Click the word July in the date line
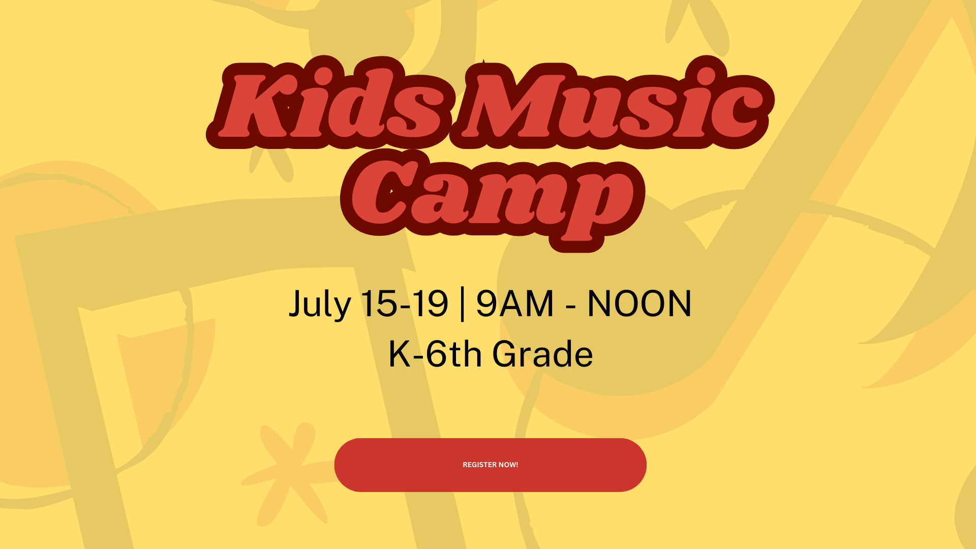click(x=320, y=304)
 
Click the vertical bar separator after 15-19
click(x=462, y=304)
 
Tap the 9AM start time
click(x=515, y=303)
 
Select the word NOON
click(x=639, y=303)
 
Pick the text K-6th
click(x=435, y=354)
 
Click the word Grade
click(x=542, y=354)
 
